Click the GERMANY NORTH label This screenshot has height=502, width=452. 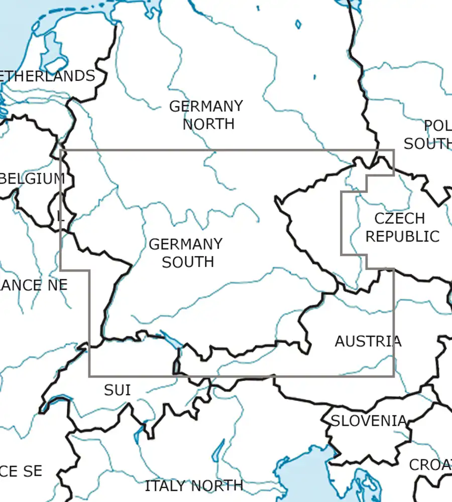206,115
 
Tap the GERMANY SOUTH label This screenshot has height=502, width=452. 186,253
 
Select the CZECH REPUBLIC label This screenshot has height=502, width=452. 402,227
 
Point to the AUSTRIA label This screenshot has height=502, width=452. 368,341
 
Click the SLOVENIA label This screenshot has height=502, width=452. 368,421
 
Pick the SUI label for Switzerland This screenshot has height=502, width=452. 118,390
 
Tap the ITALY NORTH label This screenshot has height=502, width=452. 194,486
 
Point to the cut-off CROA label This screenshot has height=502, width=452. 430,465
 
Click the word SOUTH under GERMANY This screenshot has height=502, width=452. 188,262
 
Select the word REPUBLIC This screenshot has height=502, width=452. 402,236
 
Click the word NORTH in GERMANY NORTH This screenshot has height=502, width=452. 208,124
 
